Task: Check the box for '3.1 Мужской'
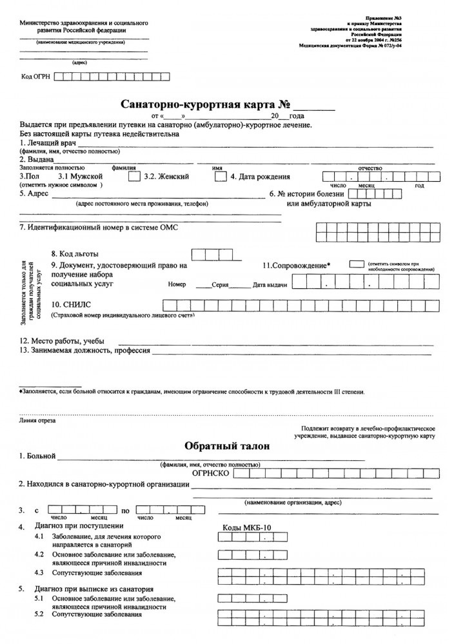[x=133, y=176]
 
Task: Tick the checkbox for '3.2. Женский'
[x=219, y=176]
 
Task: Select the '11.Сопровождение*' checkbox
[x=356, y=264]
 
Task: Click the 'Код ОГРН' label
[x=36, y=77]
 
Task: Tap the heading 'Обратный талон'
[x=226, y=445]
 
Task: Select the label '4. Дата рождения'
[x=260, y=177]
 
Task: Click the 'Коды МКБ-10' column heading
[x=247, y=528]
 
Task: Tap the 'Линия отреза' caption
[x=38, y=420]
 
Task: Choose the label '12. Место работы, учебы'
[x=62, y=341]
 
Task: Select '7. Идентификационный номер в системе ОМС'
[x=98, y=228]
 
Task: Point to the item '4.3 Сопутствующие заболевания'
[x=88, y=572]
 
